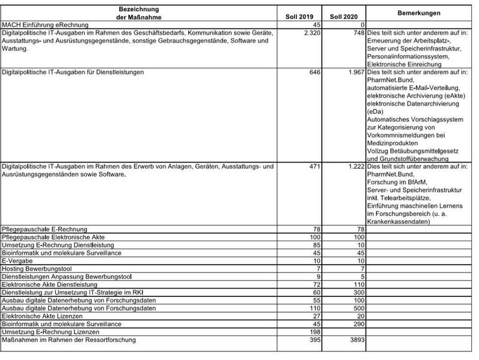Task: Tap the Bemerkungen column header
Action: click(419, 12)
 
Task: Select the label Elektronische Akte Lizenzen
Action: click(46, 316)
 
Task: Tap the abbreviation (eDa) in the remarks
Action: click(376, 111)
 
